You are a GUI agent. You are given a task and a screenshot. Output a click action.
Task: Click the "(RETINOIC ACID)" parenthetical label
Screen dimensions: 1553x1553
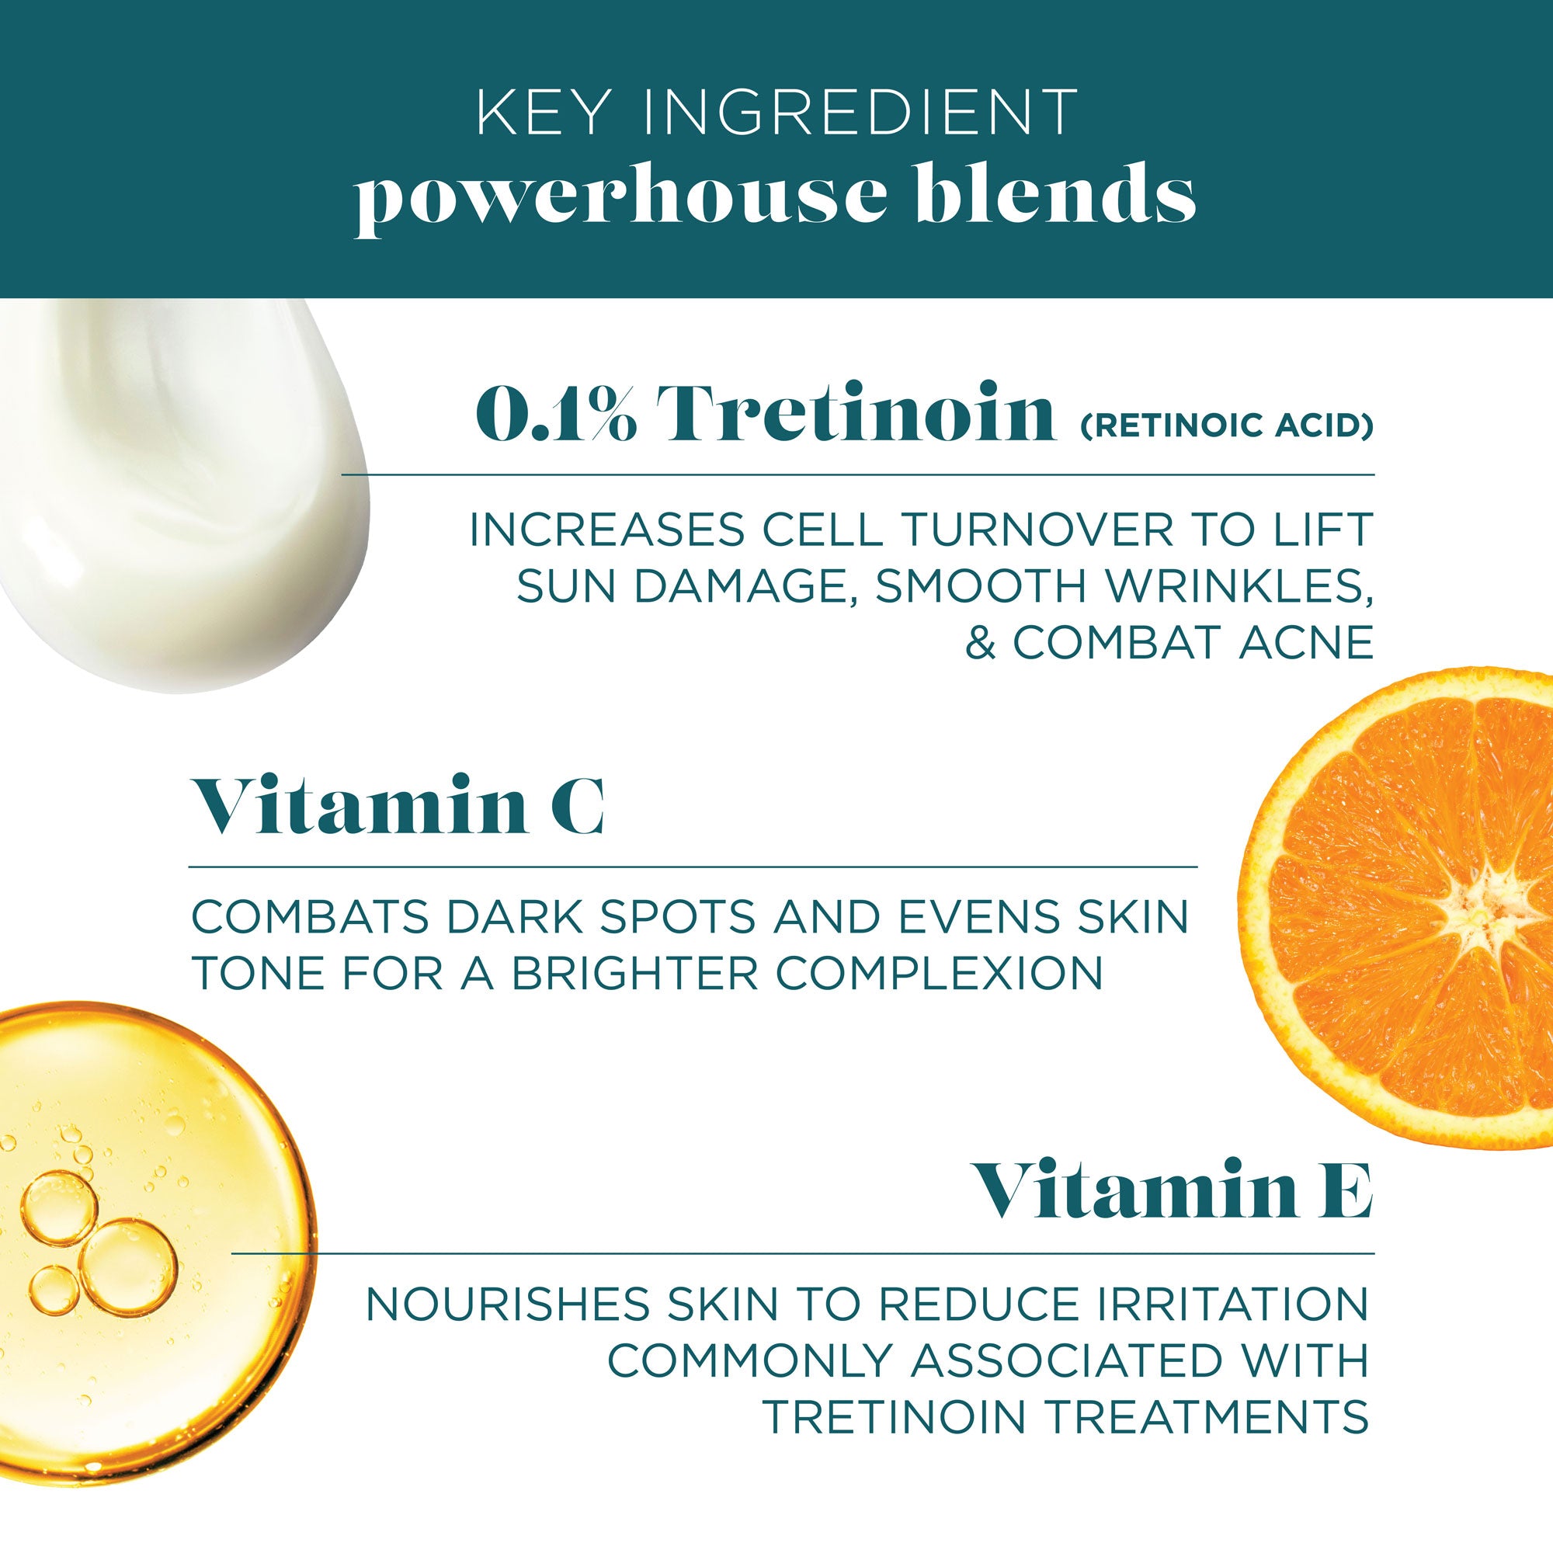pyautogui.click(x=1226, y=426)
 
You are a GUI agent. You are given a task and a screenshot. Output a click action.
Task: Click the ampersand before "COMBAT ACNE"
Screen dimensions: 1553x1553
pyautogui.click(x=980, y=643)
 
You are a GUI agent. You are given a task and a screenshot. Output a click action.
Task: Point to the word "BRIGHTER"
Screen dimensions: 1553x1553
pyautogui.click(x=635, y=974)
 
